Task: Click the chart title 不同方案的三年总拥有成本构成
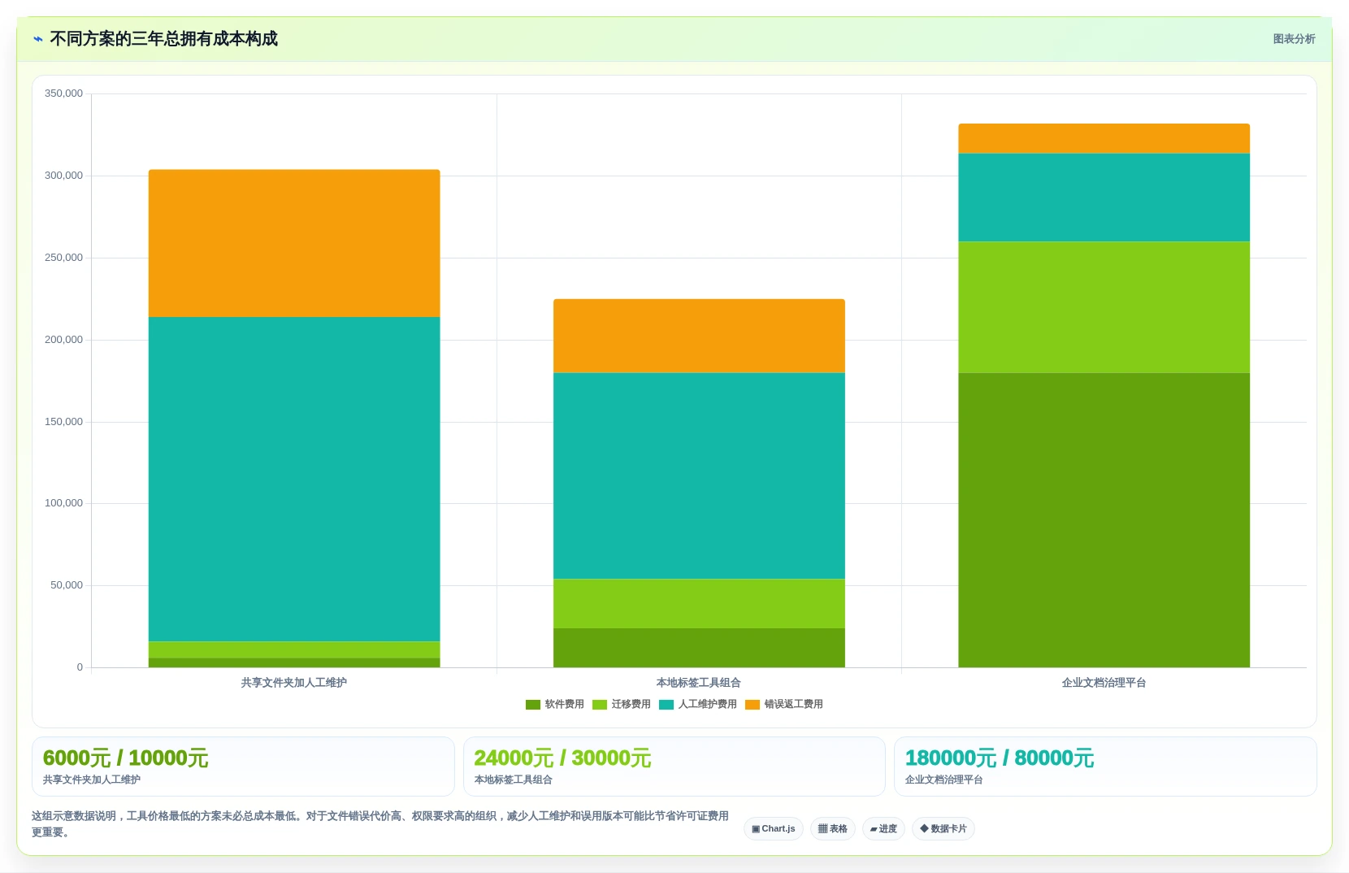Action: click(x=163, y=39)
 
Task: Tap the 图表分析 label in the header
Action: click(x=1294, y=39)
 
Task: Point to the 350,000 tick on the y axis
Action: click(x=64, y=93)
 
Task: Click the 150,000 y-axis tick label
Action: click(x=64, y=422)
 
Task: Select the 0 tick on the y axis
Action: click(x=80, y=667)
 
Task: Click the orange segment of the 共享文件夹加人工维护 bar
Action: click(x=294, y=243)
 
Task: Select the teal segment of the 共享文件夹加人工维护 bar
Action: click(x=294, y=480)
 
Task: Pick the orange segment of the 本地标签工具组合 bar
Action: click(x=699, y=337)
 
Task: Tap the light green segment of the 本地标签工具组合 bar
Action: click(x=699, y=604)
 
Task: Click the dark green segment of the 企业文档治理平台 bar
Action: click(x=1104, y=520)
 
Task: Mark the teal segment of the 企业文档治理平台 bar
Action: click(x=1104, y=198)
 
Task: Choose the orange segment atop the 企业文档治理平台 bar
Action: click(x=1104, y=138)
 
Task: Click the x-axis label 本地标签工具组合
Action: click(x=699, y=683)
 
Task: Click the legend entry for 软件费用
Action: click(x=555, y=704)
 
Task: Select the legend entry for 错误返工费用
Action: click(x=784, y=704)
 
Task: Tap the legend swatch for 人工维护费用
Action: click(x=666, y=704)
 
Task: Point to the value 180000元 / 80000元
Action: click(x=999, y=758)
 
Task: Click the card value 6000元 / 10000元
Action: click(x=125, y=758)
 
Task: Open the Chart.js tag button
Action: click(x=774, y=828)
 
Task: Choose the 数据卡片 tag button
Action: click(x=943, y=828)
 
